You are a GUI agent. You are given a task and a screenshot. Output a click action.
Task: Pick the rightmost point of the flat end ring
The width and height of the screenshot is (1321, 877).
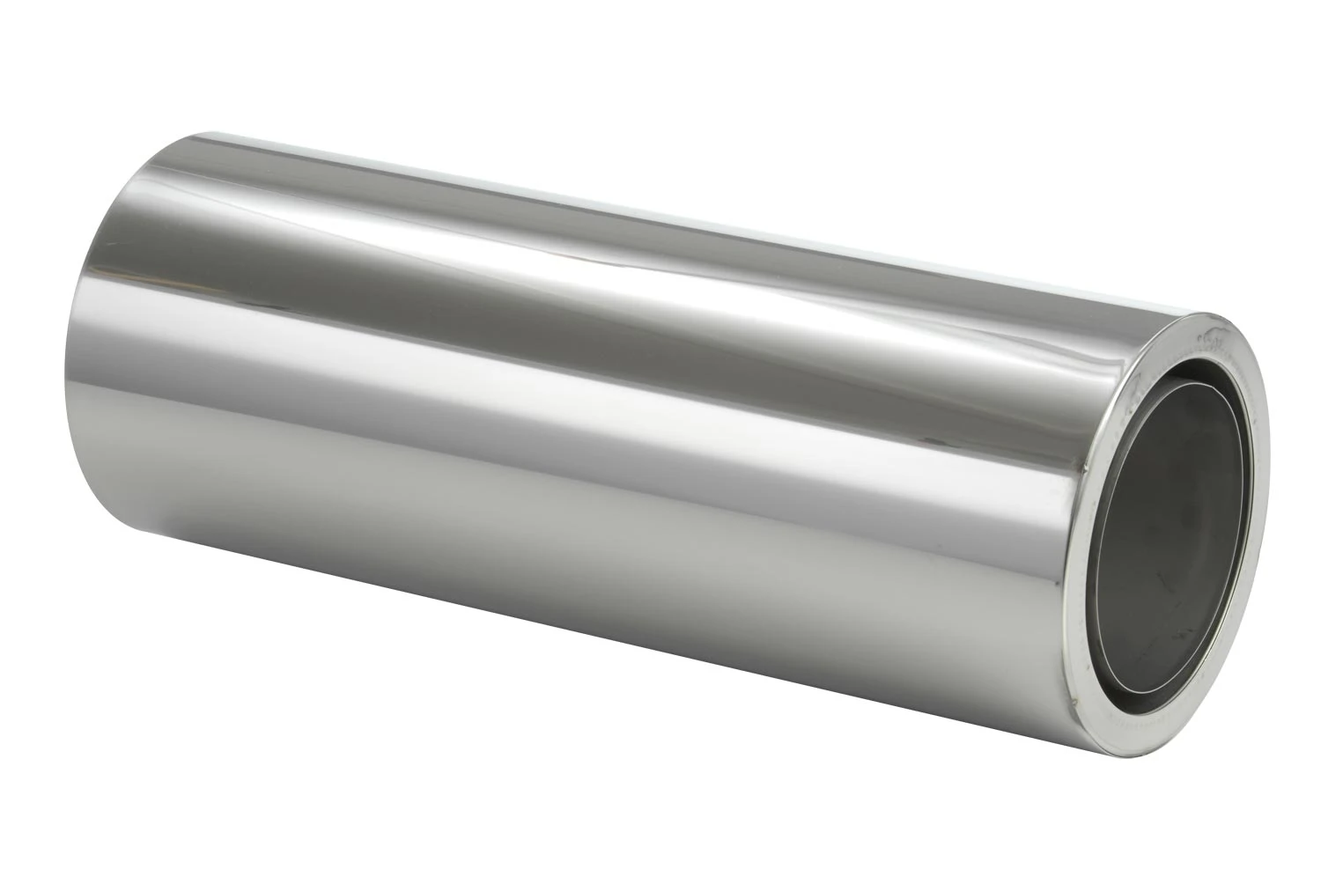click(1268, 493)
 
